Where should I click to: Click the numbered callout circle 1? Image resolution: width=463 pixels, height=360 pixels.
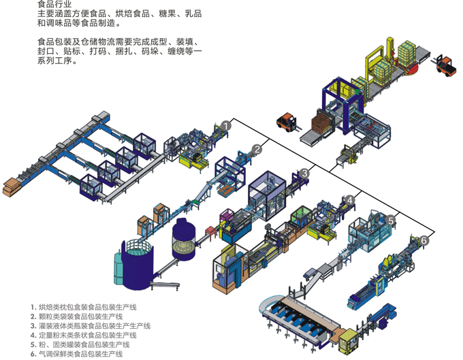(x=227, y=126)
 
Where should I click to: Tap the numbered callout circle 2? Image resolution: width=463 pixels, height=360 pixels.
(x=257, y=149)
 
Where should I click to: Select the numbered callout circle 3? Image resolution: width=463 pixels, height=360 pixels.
(x=304, y=174)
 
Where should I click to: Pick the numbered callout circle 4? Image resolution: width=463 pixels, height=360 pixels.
(x=349, y=199)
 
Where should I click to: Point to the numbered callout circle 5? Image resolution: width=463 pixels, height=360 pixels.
(x=392, y=220)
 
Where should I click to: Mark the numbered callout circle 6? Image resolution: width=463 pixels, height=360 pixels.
(x=424, y=240)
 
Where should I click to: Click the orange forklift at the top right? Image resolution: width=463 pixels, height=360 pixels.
(x=446, y=65)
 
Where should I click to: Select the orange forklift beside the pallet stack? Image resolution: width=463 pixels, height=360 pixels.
(x=286, y=122)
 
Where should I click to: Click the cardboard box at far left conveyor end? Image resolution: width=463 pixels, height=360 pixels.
(x=12, y=186)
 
